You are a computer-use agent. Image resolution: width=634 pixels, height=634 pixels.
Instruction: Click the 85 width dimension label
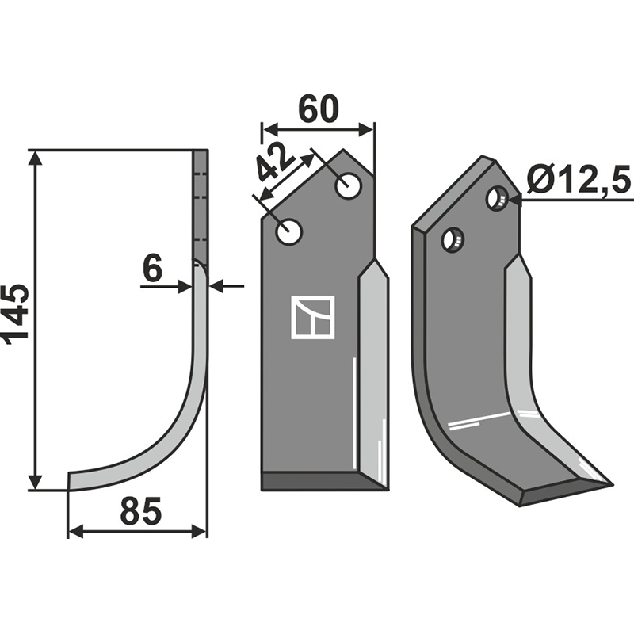click(x=141, y=510)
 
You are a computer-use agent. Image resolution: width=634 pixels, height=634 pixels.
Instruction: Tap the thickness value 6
click(x=153, y=268)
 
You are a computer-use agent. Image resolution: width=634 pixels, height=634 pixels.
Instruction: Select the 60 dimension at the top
click(x=318, y=109)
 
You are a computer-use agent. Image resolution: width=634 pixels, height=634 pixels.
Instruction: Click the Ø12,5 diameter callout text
click(x=579, y=180)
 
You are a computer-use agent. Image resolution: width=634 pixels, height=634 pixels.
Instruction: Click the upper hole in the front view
click(x=349, y=185)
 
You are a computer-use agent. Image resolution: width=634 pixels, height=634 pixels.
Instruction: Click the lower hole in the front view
click(x=288, y=231)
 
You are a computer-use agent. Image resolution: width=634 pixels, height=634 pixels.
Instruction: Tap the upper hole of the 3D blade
click(x=496, y=197)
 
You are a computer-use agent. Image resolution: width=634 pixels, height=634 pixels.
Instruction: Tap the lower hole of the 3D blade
click(x=453, y=239)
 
